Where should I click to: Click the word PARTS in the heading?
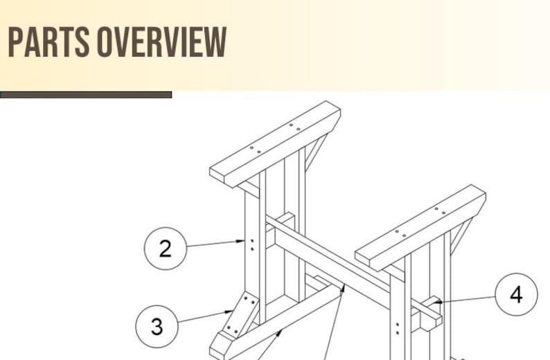click(48, 42)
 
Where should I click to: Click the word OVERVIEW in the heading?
click(162, 42)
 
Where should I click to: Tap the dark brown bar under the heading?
click(86, 95)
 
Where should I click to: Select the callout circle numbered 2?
click(165, 248)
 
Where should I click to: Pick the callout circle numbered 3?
click(157, 326)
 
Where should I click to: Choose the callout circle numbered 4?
click(516, 294)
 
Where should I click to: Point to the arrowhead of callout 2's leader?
click(241, 242)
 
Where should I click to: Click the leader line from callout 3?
click(204, 318)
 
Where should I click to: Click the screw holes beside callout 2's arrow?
click(251, 244)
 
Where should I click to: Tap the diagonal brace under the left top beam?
click(316, 152)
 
